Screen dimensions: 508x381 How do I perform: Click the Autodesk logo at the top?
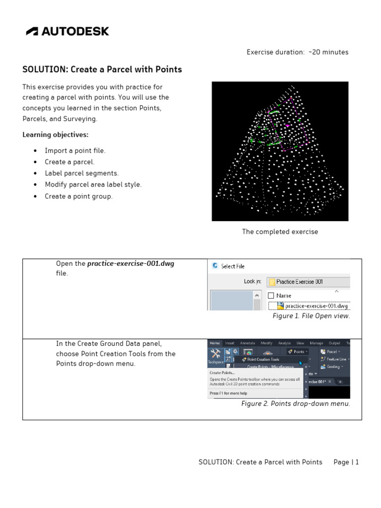(67, 31)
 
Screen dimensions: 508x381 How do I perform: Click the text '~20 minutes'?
(327, 52)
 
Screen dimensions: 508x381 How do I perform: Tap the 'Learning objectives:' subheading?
(56, 135)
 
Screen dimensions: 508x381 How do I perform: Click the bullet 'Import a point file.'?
(75, 150)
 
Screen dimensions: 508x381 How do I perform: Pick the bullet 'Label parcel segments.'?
(81, 173)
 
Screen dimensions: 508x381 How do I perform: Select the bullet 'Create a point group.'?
(78, 196)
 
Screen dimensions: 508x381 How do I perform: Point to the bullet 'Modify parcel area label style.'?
(93, 185)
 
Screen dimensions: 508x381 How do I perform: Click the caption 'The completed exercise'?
(280, 232)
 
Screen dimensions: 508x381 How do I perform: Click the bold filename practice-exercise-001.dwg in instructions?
(131, 264)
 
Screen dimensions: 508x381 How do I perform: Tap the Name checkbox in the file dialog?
(271, 296)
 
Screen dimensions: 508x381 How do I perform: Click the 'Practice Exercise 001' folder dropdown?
(308, 282)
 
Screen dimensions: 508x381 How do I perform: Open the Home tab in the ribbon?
(215, 343)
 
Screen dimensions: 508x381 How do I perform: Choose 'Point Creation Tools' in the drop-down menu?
(263, 360)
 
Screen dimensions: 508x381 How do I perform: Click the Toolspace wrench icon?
(215, 354)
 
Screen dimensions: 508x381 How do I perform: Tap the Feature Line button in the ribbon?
(336, 359)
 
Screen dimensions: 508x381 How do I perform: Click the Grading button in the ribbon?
(333, 367)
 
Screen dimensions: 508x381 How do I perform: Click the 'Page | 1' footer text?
(346, 462)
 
